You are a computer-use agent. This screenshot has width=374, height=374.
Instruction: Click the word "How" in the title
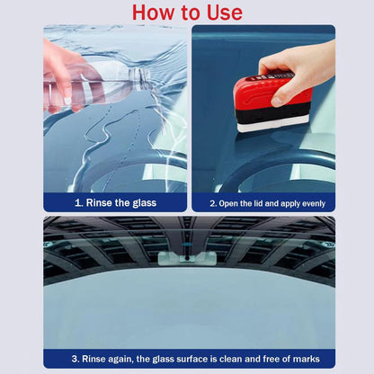154,13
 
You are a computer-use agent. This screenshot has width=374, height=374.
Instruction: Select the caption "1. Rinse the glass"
115,203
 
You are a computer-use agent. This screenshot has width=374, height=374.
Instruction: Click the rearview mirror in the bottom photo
180,259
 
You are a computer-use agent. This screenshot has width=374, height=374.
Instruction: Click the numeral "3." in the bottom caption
76,359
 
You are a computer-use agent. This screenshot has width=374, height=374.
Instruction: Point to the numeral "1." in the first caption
79,203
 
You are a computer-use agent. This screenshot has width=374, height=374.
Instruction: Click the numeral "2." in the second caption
213,203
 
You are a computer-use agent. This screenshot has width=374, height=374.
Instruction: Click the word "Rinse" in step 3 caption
94,359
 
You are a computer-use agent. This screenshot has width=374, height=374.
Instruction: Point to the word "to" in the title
190,13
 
